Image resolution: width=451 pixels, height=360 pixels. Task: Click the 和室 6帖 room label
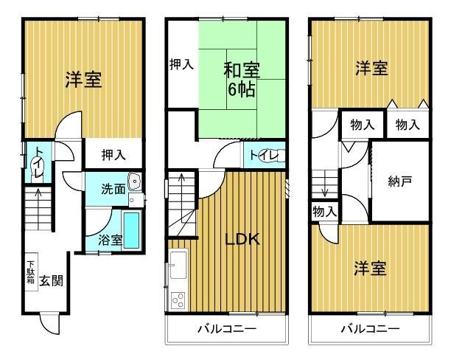[242, 80]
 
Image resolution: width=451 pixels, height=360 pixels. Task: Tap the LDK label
[242, 239]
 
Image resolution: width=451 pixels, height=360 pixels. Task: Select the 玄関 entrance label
[51, 280]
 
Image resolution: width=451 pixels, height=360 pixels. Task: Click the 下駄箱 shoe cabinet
[32, 272]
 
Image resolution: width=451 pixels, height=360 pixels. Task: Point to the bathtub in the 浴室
[132, 230]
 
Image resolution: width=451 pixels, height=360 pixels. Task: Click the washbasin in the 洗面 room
[134, 182]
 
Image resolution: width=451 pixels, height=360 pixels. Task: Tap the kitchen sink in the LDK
[178, 266]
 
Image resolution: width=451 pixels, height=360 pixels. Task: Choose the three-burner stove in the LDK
[178, 300]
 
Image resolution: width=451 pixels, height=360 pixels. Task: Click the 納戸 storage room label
[400, 181]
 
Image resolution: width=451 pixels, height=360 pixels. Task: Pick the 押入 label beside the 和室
[181, 64]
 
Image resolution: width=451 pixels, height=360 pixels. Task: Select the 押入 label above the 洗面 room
[113, 155]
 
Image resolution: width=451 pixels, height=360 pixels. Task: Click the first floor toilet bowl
[38, 170]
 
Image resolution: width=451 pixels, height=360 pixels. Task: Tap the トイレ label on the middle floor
[264, 156]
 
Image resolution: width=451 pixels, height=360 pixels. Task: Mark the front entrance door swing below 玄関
[49, 324]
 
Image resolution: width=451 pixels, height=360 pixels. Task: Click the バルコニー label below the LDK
[227, 328]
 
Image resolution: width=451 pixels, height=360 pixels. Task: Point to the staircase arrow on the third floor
[325, 184]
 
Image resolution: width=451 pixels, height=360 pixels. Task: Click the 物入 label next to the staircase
[324, 212]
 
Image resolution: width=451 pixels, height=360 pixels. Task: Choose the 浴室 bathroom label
[111, 240]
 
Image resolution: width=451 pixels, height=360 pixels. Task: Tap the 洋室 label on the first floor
[83, 80]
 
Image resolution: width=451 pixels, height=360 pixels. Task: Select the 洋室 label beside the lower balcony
[370, 268]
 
